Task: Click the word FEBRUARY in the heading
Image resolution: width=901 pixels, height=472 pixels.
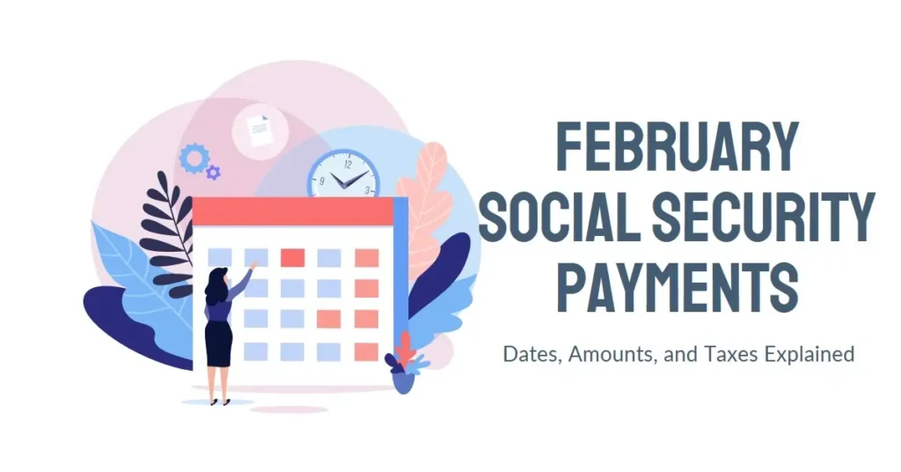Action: [678, 146]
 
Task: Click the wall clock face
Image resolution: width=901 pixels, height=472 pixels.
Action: [344, 175]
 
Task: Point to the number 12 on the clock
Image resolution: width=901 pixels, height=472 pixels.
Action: [348, 164]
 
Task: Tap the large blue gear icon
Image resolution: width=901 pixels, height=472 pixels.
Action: [194, 159]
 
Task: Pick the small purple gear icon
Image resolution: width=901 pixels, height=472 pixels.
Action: [213, 172]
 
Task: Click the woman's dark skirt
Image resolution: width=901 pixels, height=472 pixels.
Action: [218, 343]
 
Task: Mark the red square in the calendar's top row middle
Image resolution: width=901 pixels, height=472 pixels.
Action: [292, 257]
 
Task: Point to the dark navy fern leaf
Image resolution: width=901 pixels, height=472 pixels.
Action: [165, 230]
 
